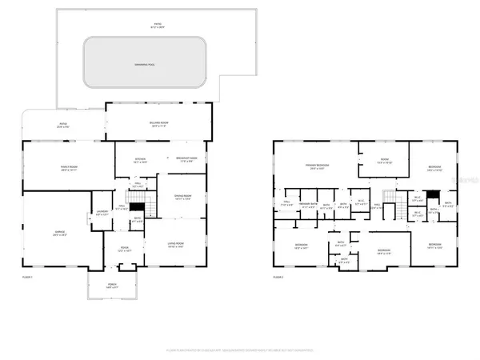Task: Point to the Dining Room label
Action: (183, 197)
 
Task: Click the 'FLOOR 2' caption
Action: (278, 277)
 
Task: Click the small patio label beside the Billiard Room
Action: (62, 124)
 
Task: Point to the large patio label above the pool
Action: (158, 25)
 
